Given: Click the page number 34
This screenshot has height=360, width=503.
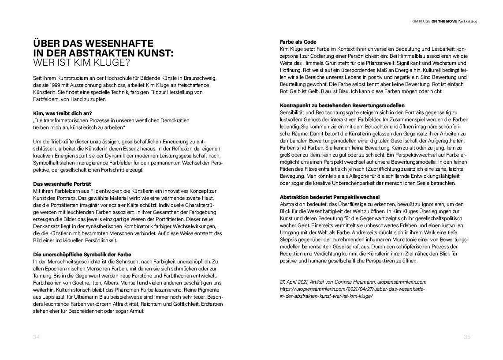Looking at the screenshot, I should pos(37,337).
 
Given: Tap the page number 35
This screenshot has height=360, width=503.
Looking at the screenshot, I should pos(467,337).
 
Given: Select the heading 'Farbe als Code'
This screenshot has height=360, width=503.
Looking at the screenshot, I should pos(298,42).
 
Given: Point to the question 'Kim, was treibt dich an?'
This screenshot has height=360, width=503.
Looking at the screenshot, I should pos(62,113).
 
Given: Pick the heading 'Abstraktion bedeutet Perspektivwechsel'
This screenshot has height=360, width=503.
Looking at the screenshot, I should pos(330,197).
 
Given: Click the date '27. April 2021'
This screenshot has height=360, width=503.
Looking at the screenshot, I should pos(294,281).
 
